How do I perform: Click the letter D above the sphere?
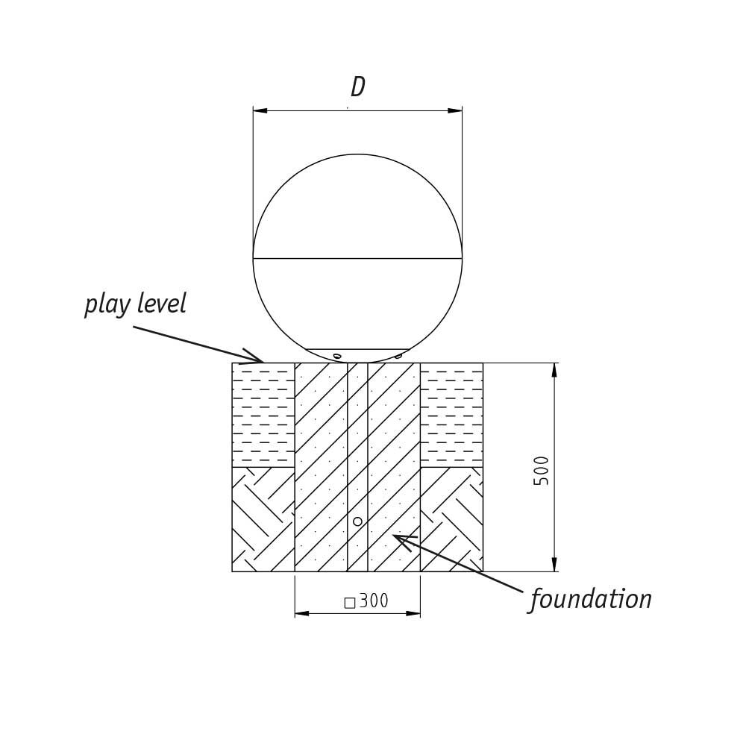click(358, 87)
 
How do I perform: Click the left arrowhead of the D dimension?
click(260, 110)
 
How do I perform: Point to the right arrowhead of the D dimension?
click(454, 110)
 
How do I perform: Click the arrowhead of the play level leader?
click(255, 360)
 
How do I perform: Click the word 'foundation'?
click(591, 599)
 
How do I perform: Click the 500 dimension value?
click(542, 470)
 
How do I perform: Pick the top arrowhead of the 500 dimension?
click(554, 370)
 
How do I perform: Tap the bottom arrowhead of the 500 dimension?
click(554, 565)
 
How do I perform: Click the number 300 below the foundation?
click(374, 601)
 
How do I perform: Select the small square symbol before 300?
click(349, 603)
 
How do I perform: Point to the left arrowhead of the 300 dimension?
click(302, 613)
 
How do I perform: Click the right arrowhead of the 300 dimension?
click(413, 613)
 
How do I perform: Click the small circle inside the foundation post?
click(357, 521)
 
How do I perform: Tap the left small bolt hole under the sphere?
click(337, 356)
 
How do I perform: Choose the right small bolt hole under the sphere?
click(398, 356)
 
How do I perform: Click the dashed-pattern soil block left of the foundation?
click(263, 415)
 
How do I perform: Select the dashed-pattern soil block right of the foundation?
click(451, 415)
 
